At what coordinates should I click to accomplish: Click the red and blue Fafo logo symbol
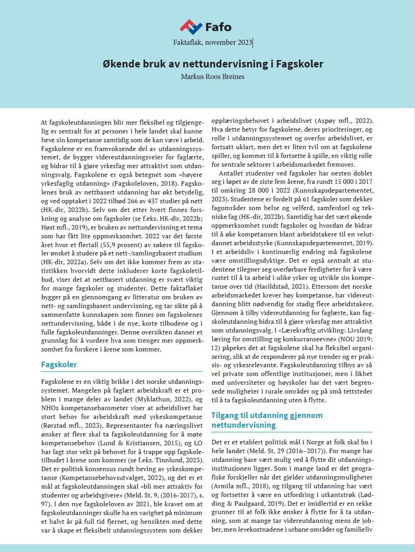(191, 27)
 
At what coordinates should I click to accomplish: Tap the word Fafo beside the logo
(220, 26)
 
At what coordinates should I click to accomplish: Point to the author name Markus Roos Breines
(213, 77)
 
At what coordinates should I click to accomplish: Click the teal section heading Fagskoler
(59, 364)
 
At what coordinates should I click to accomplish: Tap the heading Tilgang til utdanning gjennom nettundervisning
(266, 420)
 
